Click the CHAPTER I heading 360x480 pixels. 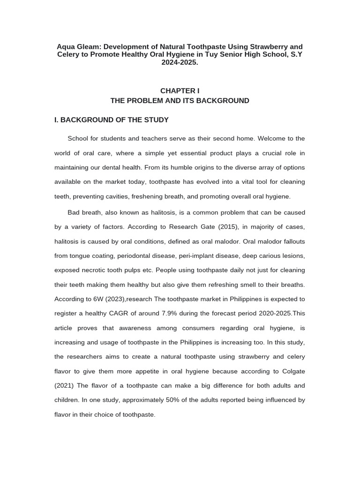coord(180,91)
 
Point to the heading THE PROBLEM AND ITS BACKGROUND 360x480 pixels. coord(180,101)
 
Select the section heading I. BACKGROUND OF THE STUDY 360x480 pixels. coord(112,120)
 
